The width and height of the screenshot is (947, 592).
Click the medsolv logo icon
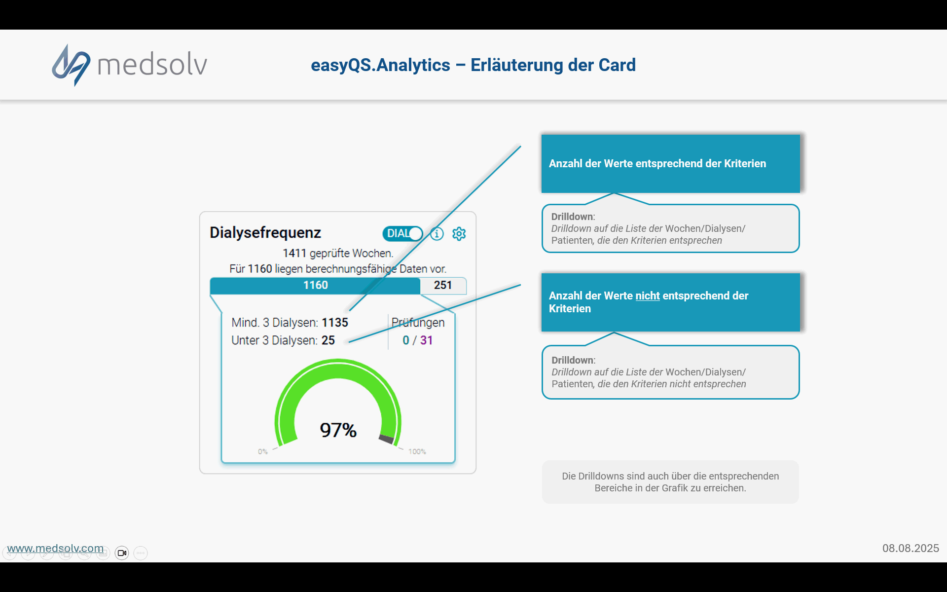(71, 65)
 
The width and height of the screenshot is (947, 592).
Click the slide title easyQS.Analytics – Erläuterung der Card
(473, 65)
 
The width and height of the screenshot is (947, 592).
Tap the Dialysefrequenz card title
(265, 232)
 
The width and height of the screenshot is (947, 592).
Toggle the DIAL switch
(402, 233)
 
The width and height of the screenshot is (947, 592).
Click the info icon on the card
(437, 233)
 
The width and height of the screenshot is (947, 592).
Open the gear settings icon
(459, 233)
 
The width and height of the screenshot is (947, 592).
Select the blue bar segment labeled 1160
(315, 286)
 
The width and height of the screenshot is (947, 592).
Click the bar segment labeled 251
(443, 286)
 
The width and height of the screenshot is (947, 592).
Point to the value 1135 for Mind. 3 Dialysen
(335, 323)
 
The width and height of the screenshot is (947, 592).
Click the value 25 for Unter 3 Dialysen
(328, 340)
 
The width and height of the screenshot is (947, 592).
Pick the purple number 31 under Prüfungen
(426, 340)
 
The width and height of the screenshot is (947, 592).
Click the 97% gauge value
(338, 430)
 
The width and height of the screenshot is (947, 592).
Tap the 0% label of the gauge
(263, 451)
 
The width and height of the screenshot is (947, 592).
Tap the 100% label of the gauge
(417, 451)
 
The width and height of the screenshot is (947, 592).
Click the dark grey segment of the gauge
(386, 439)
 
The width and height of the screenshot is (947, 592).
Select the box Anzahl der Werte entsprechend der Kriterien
(671, 164)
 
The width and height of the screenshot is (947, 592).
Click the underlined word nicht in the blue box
(648, 296)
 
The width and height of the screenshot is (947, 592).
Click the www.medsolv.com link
(55, 549)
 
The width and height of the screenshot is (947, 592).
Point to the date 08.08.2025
(911, 549)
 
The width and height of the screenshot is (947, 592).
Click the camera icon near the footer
(122, 553)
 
